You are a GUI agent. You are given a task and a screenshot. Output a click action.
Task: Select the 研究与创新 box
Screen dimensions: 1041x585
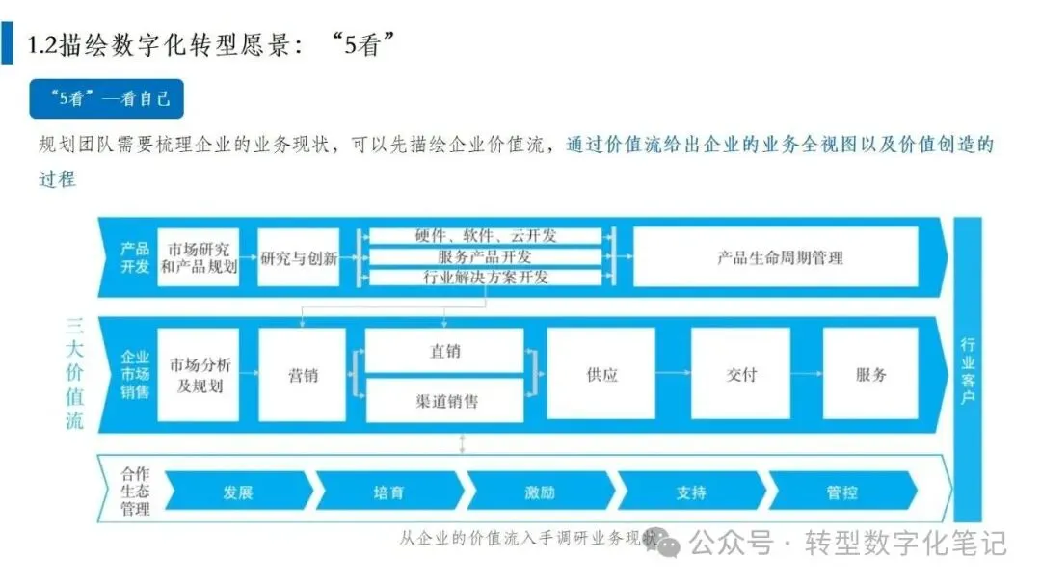coord(299,257)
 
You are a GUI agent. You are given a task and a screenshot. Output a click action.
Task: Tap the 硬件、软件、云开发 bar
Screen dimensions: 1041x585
coord(486,236)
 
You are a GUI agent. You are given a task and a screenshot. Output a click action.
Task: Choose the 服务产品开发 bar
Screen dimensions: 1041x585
coord(486,257)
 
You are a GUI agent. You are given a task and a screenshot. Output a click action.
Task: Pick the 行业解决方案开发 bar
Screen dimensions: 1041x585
coord(486,278)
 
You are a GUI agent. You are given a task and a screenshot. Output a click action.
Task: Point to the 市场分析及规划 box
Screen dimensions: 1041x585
coord(198,375)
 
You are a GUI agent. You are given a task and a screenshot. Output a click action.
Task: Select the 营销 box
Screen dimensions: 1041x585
coord(303,375)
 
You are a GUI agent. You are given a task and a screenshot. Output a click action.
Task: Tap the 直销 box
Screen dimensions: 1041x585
coord(444,352)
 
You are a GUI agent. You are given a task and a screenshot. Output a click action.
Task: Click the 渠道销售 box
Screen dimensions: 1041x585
coord(444,399)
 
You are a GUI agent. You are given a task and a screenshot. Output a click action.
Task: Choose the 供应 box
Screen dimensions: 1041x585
coord(601,375)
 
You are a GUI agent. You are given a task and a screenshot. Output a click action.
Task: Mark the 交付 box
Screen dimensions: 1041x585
coord(740,375)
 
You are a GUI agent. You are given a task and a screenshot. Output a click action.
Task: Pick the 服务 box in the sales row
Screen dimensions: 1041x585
coord(870,375)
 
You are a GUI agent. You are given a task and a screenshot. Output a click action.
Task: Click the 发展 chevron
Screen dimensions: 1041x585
coord(237,492)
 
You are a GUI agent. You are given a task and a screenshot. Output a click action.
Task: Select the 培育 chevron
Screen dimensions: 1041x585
coord(388,492)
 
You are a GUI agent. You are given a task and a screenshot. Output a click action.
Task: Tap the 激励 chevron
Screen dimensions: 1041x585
coord(540,492)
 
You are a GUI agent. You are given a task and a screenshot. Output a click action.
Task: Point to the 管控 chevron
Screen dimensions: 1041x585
coord(841,492)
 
